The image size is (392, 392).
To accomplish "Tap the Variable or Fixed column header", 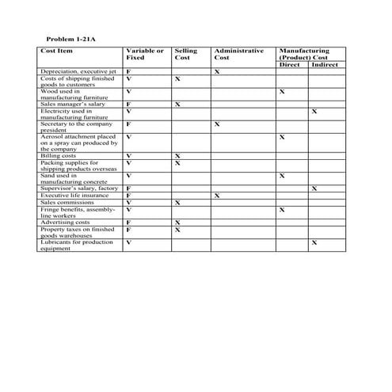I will [x=144, y=54].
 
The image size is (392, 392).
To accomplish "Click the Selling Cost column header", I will [x=185, y=54].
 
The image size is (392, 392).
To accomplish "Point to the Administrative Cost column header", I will [x=238, y=54].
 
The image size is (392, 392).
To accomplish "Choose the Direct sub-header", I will [x=291, y=64].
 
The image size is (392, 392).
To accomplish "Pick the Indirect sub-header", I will [x=325, y=64].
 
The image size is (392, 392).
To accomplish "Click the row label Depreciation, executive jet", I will [x=77, y=72].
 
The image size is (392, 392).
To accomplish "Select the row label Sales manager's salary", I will [x=72, y=104].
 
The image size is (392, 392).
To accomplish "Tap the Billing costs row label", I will [x=59, y=156].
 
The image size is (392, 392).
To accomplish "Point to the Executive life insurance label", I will [x=74, y=195].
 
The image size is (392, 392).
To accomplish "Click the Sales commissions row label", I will [x=67, y=202].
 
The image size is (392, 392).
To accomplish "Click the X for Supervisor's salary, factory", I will [x=314, y=188].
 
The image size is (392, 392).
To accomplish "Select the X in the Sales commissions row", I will [x=177, y=203].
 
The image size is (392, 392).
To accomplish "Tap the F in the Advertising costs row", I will [x=128, y=223].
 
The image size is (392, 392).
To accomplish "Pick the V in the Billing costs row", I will [x=128, y=156].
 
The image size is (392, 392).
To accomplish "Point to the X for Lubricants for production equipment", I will [x=314, y=242].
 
